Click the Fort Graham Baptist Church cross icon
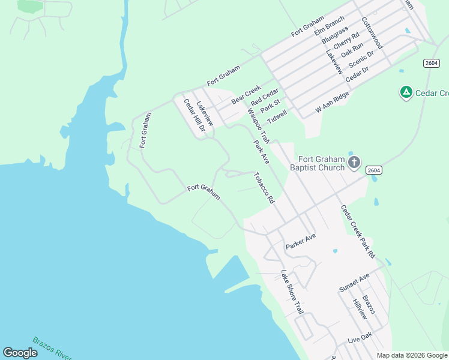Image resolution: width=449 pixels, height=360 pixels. [354, 161]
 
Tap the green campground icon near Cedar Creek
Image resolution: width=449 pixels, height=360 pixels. [406, 92]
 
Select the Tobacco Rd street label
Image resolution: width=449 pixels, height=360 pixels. [264, 188]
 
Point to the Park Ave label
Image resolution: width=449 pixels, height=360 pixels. [261, 152]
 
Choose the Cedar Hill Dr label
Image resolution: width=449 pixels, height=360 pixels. [194, 115]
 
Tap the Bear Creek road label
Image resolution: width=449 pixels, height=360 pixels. [246, 94]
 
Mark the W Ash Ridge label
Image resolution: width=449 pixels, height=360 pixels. [332, 103]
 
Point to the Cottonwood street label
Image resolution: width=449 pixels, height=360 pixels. [372, 32]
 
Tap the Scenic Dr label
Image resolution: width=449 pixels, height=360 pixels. [361, 61]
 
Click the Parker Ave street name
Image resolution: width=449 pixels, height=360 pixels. [300, 241]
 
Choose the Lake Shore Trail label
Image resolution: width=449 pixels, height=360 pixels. [292, 292]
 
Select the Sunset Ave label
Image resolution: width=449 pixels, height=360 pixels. [354, 283]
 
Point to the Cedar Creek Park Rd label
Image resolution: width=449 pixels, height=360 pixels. [358, 232]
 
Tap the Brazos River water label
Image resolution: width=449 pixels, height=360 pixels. [52, 347]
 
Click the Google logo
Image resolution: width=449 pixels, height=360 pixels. [20, 353]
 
